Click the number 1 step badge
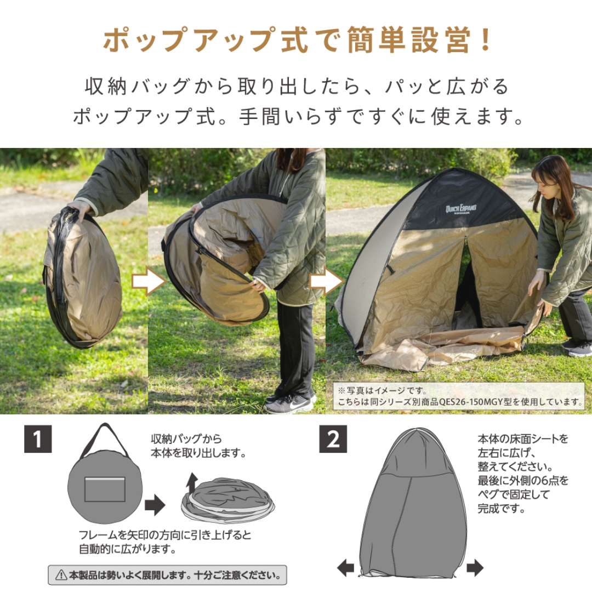point(38,439)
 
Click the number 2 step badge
point(333,439)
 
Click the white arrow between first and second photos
point(149,282)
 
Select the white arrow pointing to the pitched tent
point(327,282)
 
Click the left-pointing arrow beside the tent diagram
point(345,568)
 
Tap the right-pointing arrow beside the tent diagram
point(475,568)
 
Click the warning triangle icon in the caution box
point(61,576)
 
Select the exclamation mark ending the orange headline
point(485,41)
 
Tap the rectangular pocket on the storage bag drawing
point(105,489)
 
